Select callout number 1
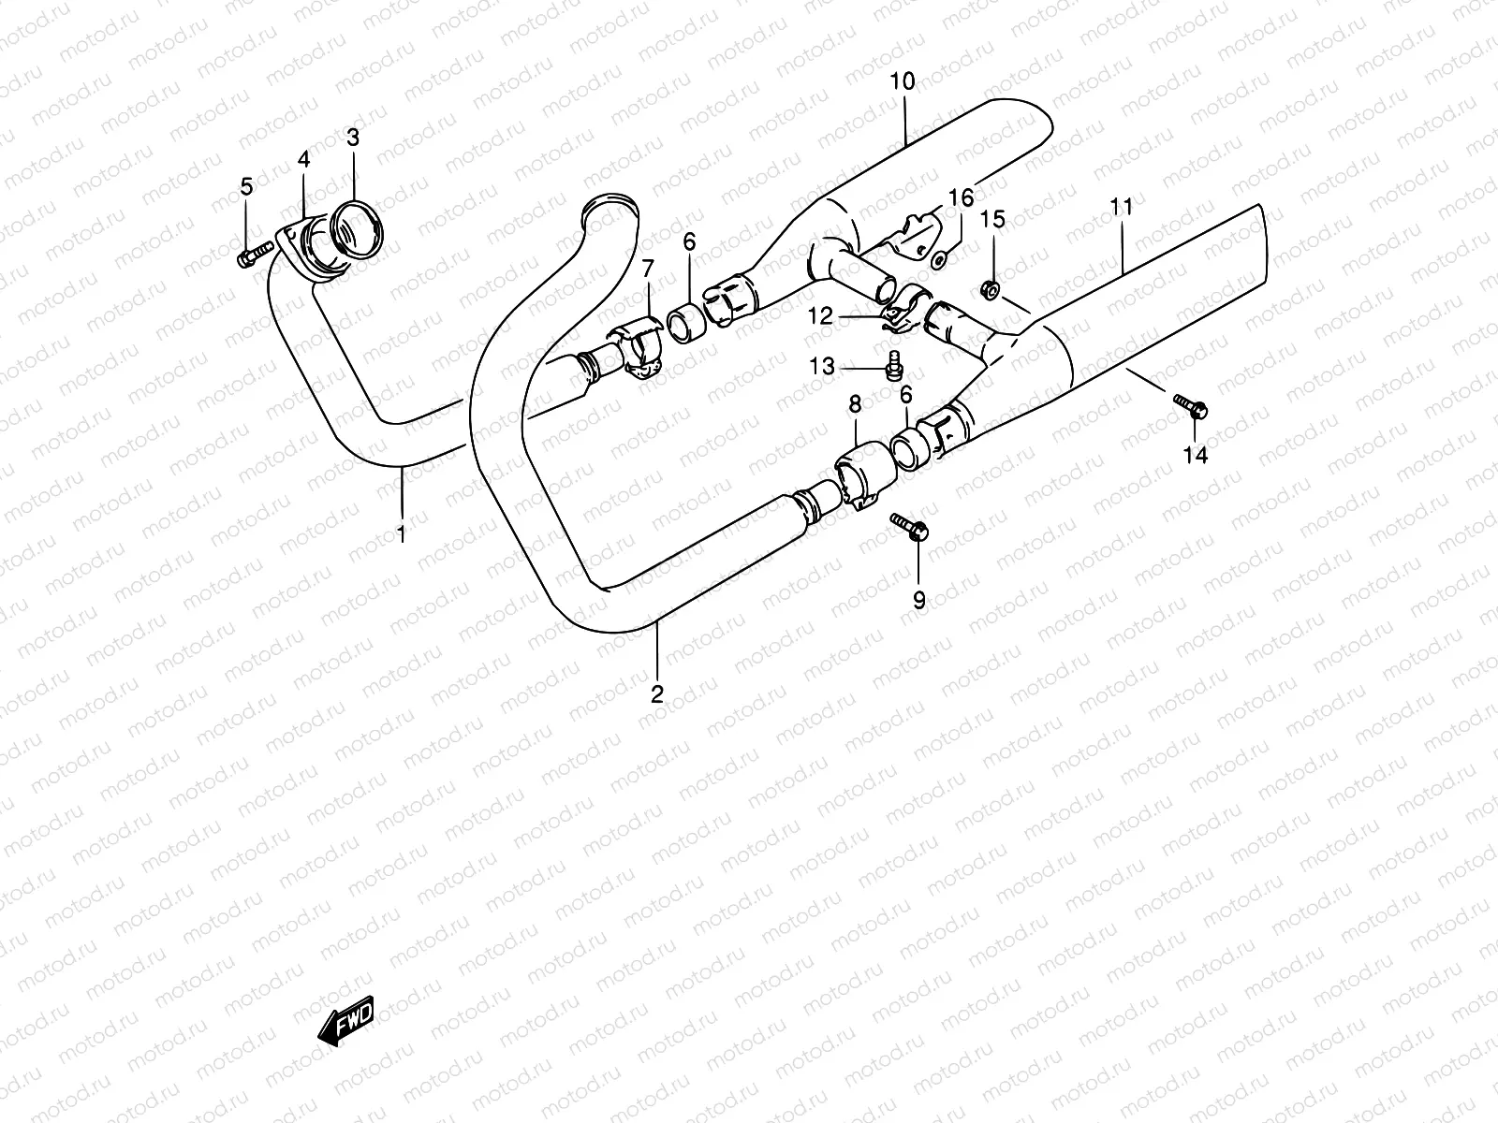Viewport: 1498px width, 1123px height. pos(402,534)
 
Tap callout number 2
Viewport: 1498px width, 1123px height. pos(657,693)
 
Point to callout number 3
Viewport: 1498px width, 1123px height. pos(352,139)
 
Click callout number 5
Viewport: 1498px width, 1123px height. pos(246,186)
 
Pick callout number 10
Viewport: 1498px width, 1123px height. pos(903,81)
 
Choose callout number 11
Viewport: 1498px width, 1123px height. pos(1123,206)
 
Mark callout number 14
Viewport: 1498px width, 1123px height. pos(1196,455)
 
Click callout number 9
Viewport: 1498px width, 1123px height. pos(918,600)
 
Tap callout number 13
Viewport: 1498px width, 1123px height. pos(822,367)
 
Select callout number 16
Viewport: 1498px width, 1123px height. pos(961,198)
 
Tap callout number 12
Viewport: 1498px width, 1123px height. pos(821,317)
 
